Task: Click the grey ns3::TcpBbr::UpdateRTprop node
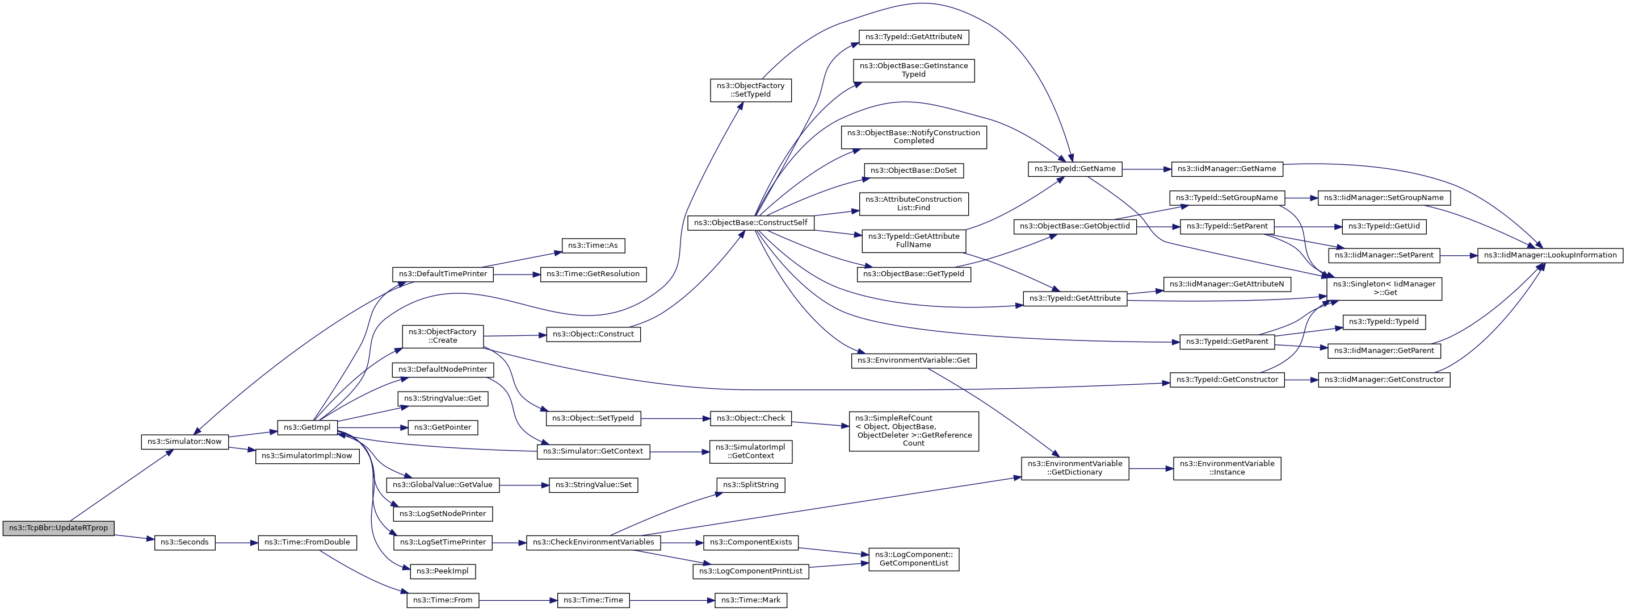click(58, 528)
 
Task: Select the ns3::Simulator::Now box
click(184, 442)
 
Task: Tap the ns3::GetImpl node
click(308, 427)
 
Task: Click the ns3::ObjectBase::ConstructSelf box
click(750, 222)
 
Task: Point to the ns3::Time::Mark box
click(750, 600)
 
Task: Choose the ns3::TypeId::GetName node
click(1075, 169)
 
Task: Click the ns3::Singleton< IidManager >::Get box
click(1385, 288)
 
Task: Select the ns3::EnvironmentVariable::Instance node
click(1227, 468)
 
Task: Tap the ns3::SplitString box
click(750, 485)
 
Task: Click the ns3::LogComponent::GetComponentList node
click(913, 559)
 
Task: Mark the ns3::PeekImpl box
click(443, 571)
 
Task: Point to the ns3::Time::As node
click(593, 245)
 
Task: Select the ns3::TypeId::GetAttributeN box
click(913, 36)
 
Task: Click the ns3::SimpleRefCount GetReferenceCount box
click(913, 431)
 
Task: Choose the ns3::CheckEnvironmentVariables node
click(593, 542)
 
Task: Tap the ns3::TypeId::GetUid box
click(1384, 226)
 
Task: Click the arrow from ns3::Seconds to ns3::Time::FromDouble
click(237, 542)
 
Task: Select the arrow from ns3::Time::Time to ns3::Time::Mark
click(671, 600)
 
